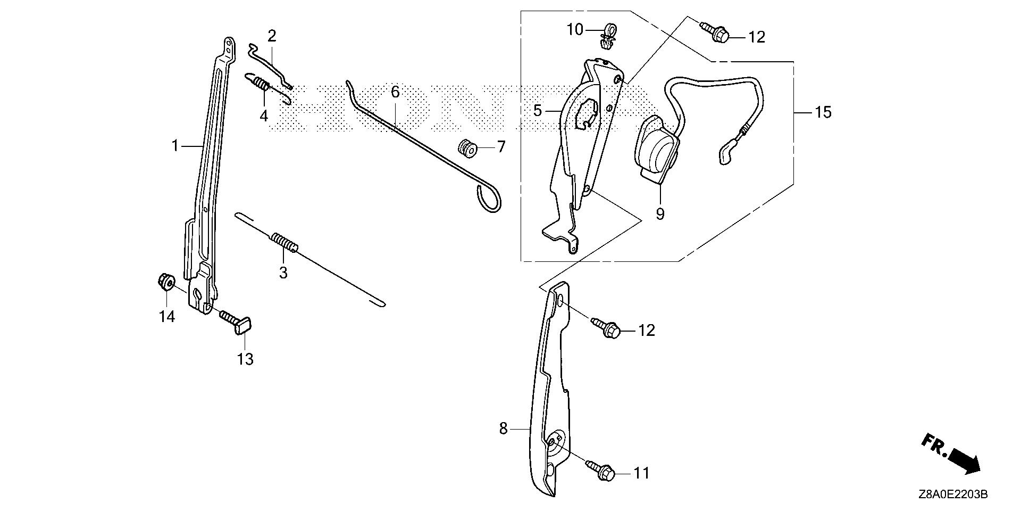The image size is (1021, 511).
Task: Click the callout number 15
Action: point(823,112)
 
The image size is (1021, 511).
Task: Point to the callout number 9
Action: point(660,214)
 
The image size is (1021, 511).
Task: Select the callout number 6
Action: point(395,92)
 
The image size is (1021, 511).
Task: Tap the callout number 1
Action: point(175,130)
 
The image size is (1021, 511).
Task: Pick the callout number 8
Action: point(504,428)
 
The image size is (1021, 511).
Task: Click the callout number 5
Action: point(538,111)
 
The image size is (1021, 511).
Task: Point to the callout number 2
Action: point(272,36)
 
